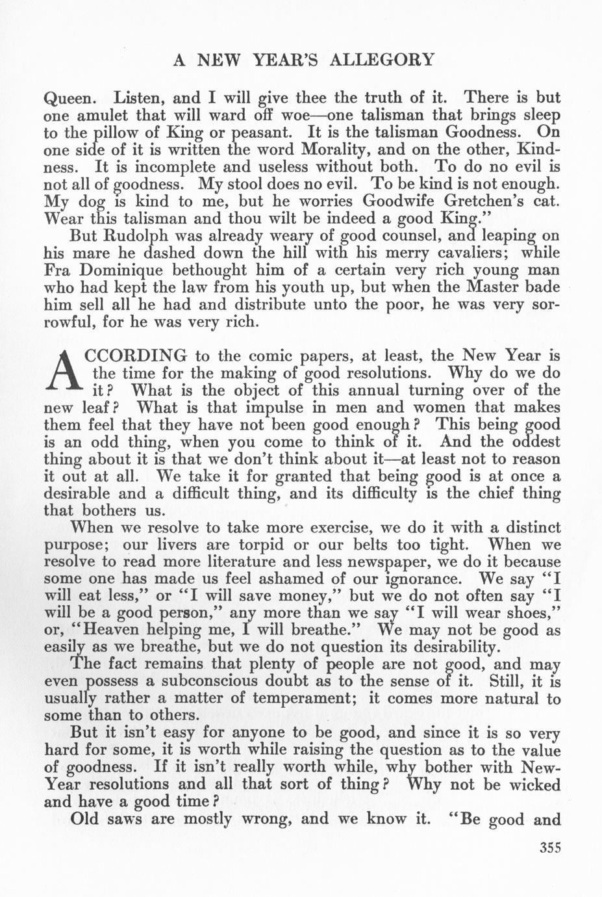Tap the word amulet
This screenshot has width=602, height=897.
pos(104,116)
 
